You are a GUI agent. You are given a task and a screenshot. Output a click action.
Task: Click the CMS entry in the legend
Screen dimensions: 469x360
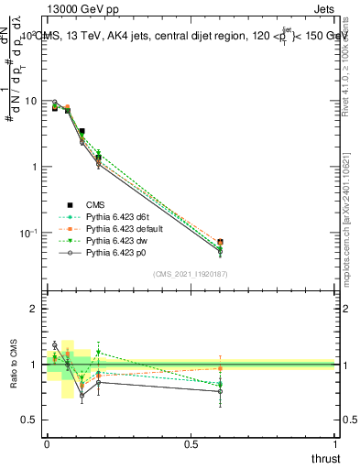(95, 204)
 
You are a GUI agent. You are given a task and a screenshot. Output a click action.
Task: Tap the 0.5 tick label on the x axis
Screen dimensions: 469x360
(191, 442)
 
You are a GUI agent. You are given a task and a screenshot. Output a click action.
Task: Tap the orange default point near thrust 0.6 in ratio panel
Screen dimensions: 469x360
(220, 368)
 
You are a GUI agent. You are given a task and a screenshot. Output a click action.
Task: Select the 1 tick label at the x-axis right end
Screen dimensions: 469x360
(335, 442)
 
